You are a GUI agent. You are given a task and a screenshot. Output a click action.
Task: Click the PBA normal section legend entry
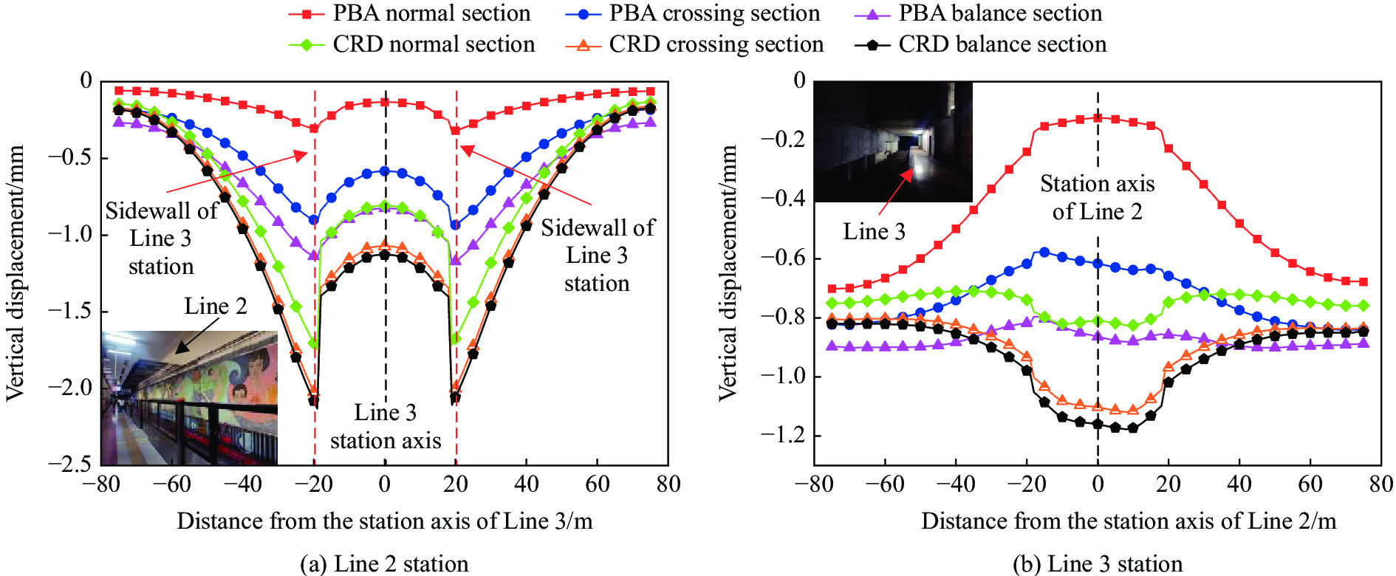tap(410, 13)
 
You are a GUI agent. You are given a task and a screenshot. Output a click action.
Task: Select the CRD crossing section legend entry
tap(694, 44)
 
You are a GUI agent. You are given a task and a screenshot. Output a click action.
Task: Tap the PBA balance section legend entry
tap(979, 13)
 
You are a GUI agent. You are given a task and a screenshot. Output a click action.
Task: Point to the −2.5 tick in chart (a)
tap(71, 464)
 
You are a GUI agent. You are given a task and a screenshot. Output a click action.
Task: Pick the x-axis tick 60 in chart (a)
tap(597, 484)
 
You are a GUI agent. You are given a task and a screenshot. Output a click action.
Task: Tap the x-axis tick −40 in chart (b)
tap(955, 484)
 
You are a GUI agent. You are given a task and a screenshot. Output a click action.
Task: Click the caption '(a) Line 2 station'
tap(384, 563)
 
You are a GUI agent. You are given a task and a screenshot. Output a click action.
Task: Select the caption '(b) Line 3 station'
tap(1098, 563)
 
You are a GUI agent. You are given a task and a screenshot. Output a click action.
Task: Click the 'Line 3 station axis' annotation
tap(385, 426)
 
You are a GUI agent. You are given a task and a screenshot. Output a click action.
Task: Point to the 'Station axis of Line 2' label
tap(1098, 197)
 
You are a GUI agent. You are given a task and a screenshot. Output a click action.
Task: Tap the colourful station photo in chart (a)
tap(189, 397)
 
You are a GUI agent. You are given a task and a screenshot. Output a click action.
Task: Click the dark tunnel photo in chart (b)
tap(893, 141)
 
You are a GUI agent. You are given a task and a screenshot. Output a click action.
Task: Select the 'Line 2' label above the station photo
tap(215, 306)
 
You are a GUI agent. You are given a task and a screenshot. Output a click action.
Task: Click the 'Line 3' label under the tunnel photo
tap(874, 231)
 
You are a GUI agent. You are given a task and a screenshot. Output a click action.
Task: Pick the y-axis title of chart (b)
tap(728, 273)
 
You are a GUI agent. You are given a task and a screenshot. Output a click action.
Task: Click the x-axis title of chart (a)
tap(384, 521)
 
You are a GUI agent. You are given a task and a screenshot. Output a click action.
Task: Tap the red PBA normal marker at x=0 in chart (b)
tap(1098, 117)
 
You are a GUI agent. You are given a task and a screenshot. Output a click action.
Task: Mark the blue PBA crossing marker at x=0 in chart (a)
tap(385, 171)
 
